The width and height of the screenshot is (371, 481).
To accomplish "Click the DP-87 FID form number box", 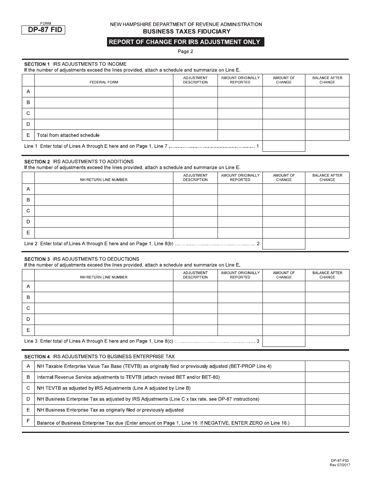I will pyautogui.click(x=43, y=30).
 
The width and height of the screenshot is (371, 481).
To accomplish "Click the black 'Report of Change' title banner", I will pyautogui.click(x=185, y=42).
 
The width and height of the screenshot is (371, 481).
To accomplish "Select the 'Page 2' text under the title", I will pyautogui.click(x=185, y=51).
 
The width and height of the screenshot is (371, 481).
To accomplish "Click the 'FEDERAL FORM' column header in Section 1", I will pyautogui.click(x=104, y=82).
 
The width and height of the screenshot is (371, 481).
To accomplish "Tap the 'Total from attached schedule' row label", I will pyautogui.click(x=68, y=135).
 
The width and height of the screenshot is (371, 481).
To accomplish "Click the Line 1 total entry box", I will pyautogui.click(x=284, y=146).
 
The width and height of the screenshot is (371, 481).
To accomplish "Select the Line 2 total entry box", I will pyautogui.click(x=284, y=244).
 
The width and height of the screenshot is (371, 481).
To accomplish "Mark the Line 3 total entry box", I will pyautogui.click(x=284, y=341).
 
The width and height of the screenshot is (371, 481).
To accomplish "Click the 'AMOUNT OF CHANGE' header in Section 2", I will pyautogui.click(x=284, y=178).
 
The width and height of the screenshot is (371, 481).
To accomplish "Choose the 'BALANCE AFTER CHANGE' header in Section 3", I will pyautogui.click(x=327, y=275).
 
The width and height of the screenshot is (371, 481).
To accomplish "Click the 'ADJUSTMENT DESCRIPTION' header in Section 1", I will pyautogui.click(x=195, y=80).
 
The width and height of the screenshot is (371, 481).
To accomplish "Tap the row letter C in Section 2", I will pyautogui.click(x=28, y=211).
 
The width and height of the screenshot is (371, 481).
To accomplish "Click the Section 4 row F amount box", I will pyautogui.click(x=327, y=421).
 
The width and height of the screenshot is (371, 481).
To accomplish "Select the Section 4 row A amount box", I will pyautogui.click(x=327, y=366).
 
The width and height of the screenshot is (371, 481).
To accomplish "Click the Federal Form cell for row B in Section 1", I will pyautogui.click(x=104, y=102).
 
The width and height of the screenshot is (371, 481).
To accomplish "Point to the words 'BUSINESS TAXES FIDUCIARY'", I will pyautogui.click(x=186, y=31).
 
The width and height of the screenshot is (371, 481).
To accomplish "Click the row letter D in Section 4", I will pyautogui.click(x=28, y=399).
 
